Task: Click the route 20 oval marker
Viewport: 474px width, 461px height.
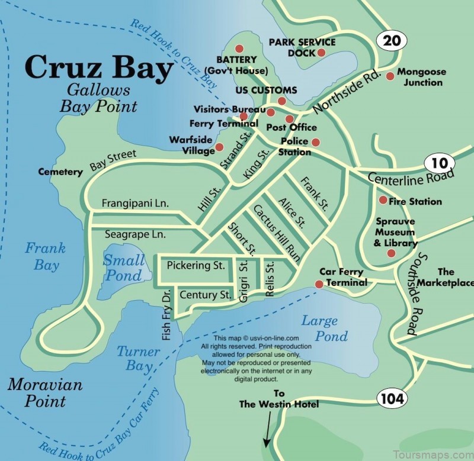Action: pos(392,41)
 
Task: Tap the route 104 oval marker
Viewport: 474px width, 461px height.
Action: pos(392,398)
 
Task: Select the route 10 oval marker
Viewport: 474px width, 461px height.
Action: pos(440,163)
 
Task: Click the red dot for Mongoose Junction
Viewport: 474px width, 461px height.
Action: pos(390,76)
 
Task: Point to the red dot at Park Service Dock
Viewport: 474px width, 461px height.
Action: pos(321,53)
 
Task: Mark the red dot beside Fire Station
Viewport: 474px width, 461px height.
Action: pos(383,200)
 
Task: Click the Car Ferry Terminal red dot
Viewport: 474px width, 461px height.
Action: pos(319,284)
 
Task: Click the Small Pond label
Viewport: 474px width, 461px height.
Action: pos(124,267)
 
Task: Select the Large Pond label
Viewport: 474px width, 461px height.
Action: pos(324,328)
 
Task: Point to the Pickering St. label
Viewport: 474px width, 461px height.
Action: pos(196,266)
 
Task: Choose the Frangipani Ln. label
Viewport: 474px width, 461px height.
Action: pos(135,203)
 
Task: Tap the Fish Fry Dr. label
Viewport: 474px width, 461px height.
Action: pos(166,314)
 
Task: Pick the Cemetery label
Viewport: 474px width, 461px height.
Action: pos(60,172)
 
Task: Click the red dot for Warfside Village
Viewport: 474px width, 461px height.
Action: pos(219,147)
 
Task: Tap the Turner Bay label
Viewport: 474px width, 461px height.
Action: pos(138,358)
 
